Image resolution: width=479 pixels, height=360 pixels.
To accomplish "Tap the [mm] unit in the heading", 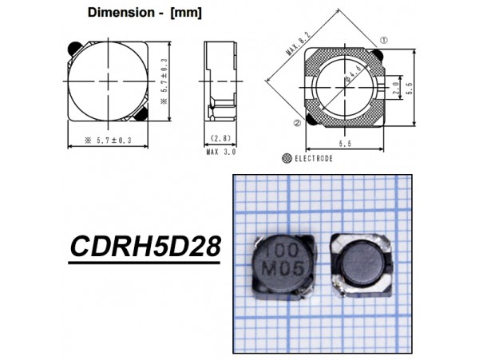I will (185, 13).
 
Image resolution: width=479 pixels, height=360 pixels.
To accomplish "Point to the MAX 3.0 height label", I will (223, 151).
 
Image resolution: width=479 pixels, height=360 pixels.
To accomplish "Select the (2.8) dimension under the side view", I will (223, 137).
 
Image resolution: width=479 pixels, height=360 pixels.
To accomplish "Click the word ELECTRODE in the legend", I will (314, 159).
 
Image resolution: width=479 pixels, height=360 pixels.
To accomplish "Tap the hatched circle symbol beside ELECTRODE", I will (287, 159).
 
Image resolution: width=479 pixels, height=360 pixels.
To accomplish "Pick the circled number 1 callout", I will (384, 40).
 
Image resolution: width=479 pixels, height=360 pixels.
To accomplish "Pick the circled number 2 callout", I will (296, 123).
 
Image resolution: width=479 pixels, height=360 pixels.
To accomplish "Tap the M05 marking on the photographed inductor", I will (283, 270).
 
